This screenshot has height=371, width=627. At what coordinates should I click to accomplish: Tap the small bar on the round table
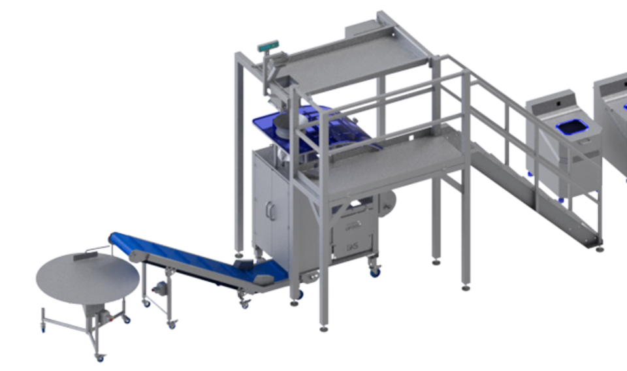tap(84, 259)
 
